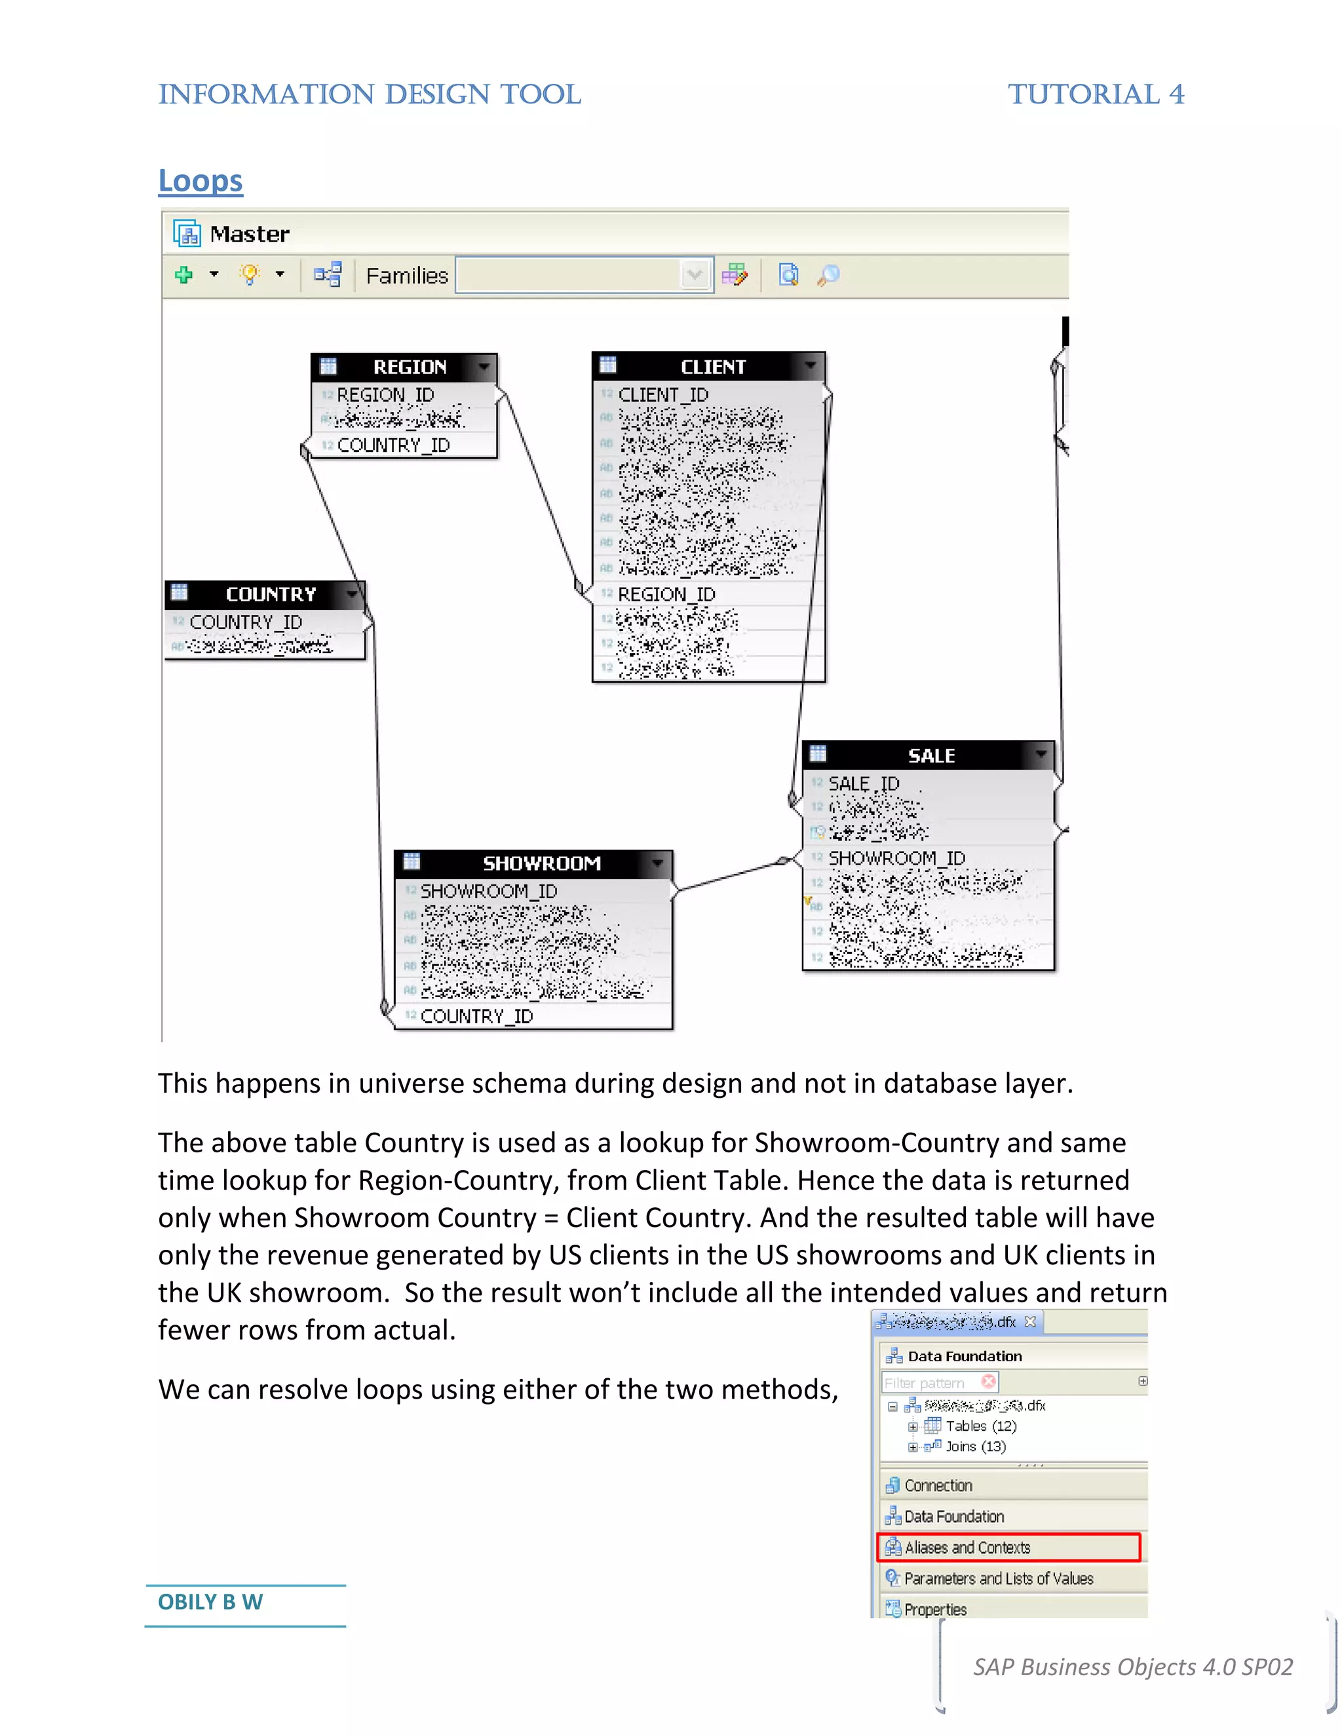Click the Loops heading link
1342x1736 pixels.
tap(201, 181)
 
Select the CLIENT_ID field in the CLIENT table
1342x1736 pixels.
tap(663, 395)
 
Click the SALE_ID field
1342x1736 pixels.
tap(864, 783)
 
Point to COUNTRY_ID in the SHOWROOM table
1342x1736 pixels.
tap(477, 1017)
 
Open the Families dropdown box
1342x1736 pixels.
tap(584, 275)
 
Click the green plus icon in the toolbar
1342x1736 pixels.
tap(183, 275)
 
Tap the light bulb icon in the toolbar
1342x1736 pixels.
tap(250, 275)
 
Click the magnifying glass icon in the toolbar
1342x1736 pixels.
tap(828, 275)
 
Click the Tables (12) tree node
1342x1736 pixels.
tap(980, 1426)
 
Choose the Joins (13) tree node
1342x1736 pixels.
tap(974, 1446)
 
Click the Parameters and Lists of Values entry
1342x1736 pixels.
tap(998, 1579)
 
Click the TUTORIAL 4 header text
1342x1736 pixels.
tap(1096, 94)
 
